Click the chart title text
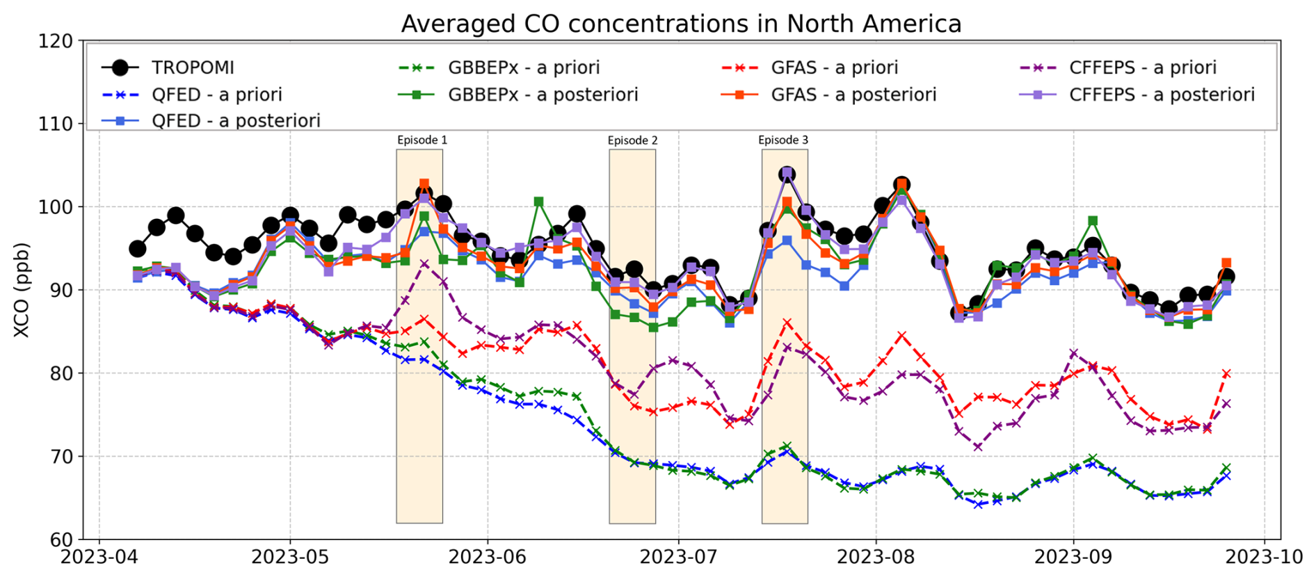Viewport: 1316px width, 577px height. (x=681, y=24)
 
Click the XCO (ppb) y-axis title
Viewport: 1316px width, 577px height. (x=22, y=290)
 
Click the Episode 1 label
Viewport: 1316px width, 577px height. (x=422, y=140)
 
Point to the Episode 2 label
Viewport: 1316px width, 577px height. (x=632, y=140)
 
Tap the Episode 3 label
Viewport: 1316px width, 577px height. (x=783, y=140)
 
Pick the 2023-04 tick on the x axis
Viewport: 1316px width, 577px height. (x=99, y=557)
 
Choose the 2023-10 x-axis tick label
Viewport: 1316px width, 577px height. (x=1264, y=557)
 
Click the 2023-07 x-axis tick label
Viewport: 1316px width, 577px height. (x=678, y=557)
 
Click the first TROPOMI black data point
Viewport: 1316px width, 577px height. (x=138, y=249)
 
